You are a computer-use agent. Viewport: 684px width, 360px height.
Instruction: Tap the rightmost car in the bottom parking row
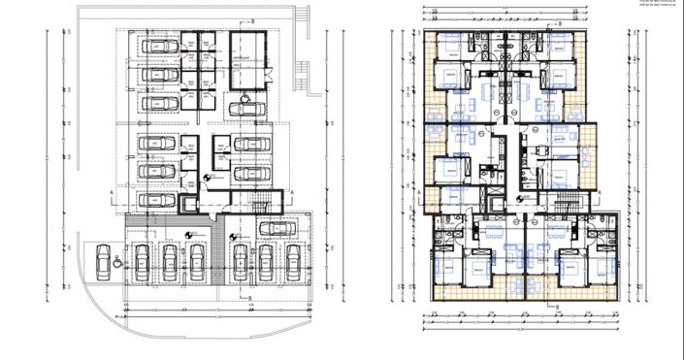click(292, 263)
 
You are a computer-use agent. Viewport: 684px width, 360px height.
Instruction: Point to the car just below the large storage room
click(247, 107)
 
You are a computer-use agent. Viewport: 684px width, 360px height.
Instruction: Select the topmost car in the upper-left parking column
click(161, 48)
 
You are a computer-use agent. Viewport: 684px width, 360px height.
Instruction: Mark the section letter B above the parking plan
click(252, 19)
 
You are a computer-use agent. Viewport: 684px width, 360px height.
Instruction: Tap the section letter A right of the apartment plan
click(603, 194)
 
